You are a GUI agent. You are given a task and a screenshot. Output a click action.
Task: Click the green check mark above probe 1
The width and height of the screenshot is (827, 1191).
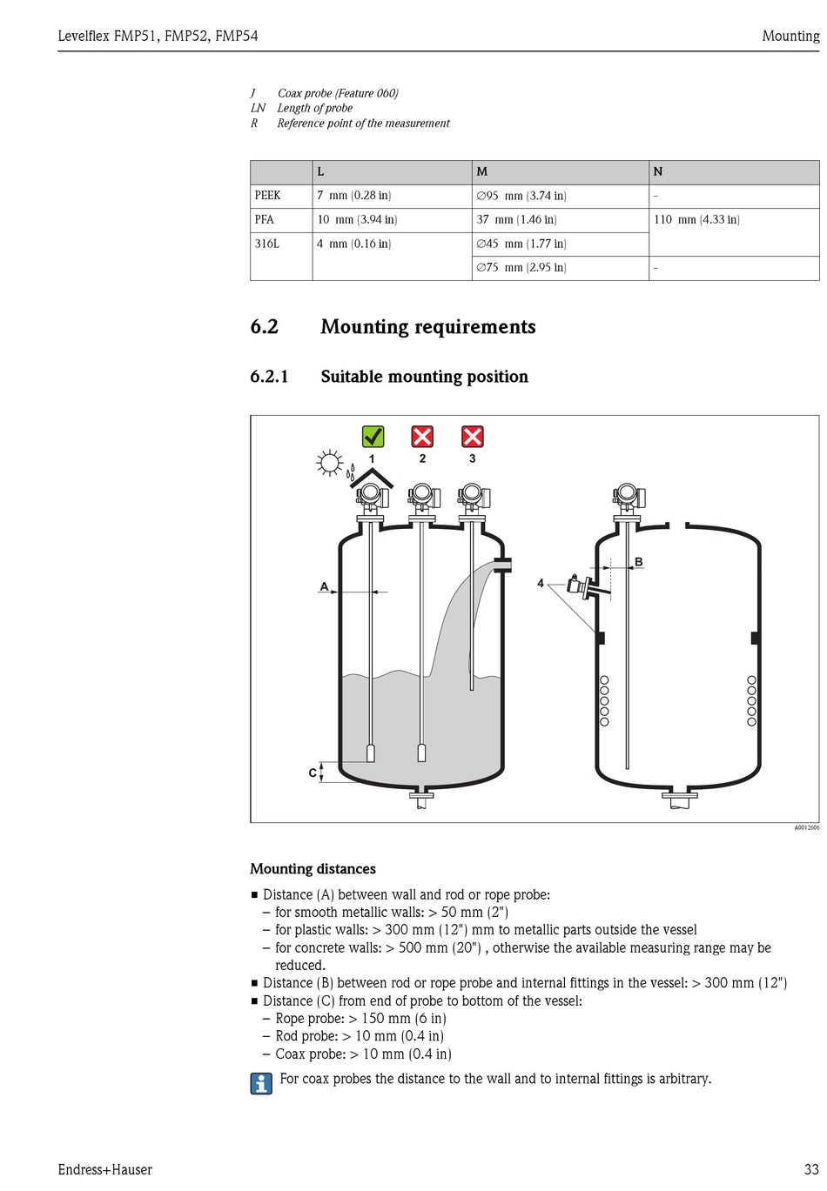point(373,436)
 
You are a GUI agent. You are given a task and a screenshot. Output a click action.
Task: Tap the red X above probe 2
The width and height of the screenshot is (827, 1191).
point(422,436)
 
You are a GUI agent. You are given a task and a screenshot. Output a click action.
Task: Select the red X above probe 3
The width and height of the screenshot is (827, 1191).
point(472,436)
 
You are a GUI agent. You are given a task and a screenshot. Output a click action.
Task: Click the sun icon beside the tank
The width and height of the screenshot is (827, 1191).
point(330,463)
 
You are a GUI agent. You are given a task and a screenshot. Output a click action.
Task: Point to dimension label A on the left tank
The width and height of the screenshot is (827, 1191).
point(325,587)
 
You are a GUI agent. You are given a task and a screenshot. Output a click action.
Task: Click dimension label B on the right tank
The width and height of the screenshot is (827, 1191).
point(639,562)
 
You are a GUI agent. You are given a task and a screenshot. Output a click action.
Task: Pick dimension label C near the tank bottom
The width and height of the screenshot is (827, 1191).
point(313,773)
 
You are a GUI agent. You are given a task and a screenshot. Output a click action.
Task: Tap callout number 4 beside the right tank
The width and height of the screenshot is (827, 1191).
point(541,583)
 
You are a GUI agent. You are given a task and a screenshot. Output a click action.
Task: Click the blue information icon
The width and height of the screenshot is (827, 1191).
point(261,1083)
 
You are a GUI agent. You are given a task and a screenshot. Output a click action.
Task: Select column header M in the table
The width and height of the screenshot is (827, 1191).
point(482,172)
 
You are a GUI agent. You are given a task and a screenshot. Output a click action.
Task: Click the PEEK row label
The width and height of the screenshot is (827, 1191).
point(268,196)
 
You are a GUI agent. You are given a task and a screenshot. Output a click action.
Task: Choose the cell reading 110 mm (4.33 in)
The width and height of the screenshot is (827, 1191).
point(696,220)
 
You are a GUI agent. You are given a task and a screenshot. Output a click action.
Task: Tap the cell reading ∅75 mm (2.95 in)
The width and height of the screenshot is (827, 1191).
point(521,268)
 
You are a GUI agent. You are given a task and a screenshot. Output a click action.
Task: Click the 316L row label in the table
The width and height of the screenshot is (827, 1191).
point(267,244)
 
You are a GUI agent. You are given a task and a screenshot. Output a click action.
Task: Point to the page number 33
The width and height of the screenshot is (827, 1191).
point(811,1170)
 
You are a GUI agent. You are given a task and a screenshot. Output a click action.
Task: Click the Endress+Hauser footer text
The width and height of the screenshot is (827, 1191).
point(105,1170)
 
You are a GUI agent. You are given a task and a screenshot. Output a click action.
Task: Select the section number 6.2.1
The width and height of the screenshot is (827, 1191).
point(269,377)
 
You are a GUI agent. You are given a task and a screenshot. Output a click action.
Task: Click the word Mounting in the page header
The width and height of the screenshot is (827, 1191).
point(790,36)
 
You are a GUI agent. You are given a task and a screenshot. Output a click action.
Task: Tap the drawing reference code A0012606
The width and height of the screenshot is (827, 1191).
point(806,827)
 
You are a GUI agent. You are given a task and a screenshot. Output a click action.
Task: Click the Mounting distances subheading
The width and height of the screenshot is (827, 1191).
point(313,869)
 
